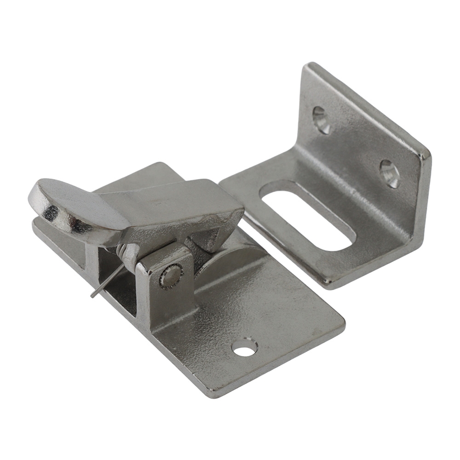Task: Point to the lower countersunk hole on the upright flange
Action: pyautogui.click(x=389, y=173)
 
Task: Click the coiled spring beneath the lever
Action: pyautogui.click(x=121, y=252)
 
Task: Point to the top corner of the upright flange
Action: pyautogui.click(x=309, y=65)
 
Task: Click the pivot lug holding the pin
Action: pyautogui.click(x=166, y=285)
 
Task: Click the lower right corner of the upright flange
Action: pyautogui.click(x=416, y=244)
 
